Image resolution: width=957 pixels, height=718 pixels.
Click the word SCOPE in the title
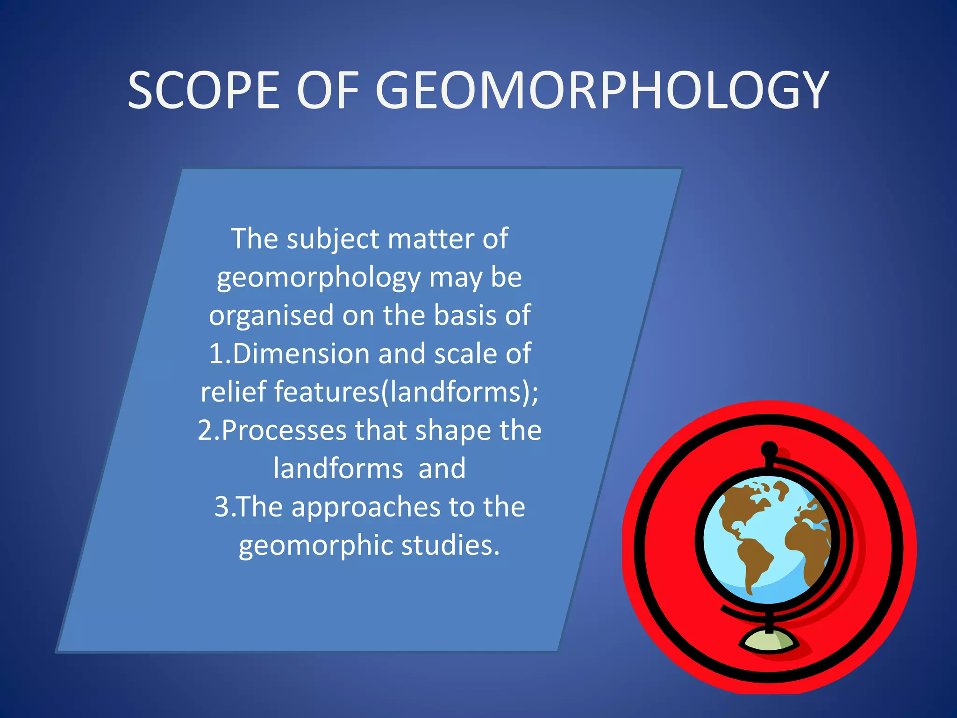[x=204, y=90]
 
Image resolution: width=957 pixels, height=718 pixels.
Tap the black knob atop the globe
[x=769, y=450]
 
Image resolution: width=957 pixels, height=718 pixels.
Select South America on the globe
[x=752, y=561]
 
